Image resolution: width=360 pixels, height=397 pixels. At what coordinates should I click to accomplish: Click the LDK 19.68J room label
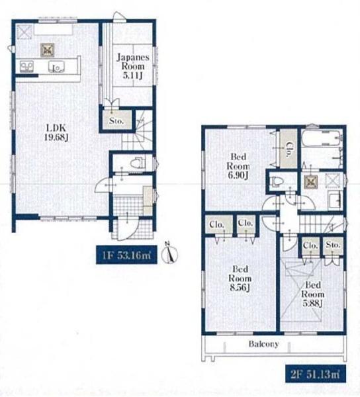pos(56,132)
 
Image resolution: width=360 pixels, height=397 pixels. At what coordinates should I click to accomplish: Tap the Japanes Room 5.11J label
pos(132,66)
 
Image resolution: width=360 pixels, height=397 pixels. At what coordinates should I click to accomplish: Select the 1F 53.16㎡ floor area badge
pos(126,255)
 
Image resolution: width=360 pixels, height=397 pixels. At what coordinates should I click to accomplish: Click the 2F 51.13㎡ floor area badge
pos(316,373)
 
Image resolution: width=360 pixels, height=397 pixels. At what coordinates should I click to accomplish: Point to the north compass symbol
pos(169,253)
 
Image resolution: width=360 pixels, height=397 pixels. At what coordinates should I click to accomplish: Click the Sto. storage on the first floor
pos(117,121)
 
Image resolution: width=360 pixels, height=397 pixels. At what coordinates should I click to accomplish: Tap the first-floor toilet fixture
pos(138,163)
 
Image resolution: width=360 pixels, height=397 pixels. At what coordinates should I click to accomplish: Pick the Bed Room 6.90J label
pos(238,166)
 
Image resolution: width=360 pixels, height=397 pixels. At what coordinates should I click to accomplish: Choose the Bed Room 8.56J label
pos(240,278)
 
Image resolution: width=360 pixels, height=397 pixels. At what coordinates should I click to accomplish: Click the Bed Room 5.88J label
pos(313,294)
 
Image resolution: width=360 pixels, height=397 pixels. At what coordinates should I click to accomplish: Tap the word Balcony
pos(263,344)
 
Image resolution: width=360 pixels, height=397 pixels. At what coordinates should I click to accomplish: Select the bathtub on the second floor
pos(321,138)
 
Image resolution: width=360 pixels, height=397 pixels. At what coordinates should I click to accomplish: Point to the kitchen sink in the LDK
pos(56,67)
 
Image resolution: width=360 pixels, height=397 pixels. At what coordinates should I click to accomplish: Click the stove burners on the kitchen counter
pos(26,67)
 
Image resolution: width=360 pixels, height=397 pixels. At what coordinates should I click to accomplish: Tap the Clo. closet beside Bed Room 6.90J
pos(289,148)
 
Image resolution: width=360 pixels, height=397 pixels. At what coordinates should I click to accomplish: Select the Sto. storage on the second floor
pos(333,245)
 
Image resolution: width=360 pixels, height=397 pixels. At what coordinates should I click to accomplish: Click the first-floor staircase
pos(137,131)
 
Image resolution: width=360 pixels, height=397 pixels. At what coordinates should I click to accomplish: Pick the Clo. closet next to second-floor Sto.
pos(310,245)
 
